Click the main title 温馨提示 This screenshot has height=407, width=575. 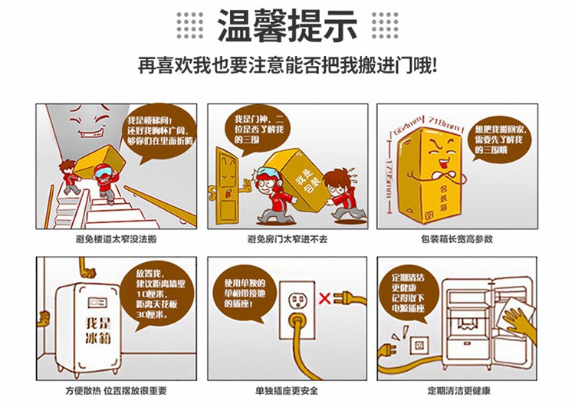287,25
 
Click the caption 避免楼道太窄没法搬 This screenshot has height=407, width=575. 116,239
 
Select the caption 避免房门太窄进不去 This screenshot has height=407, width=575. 287,239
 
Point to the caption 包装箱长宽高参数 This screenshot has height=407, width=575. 457,239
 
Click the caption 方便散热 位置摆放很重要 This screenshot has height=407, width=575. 116,391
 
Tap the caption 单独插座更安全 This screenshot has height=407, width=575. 287,391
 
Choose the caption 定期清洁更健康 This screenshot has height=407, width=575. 458,391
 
